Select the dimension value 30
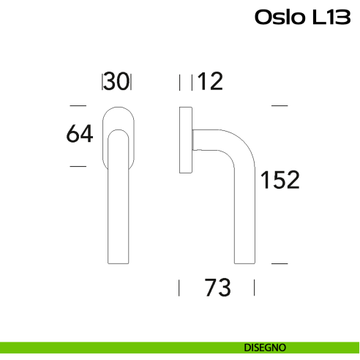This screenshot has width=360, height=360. click(116, 82)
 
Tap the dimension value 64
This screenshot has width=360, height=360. click(80, 134)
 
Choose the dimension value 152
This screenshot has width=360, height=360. click(280, 179)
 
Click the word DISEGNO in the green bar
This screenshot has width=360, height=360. click(265, 347)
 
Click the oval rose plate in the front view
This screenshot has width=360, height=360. click(116, 117)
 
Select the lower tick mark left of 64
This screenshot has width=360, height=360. click(76, 167)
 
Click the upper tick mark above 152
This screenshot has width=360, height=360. click(279, 106)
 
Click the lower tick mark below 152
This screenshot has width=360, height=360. click(279, 262)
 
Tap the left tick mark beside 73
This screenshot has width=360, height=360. click(180, 288)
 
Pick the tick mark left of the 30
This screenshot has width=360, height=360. click(102, 82)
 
